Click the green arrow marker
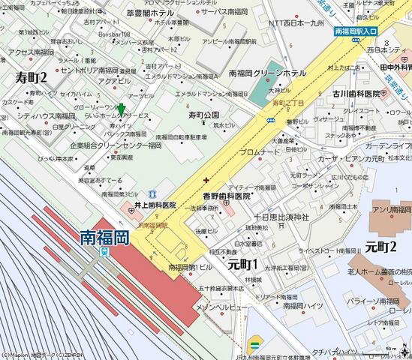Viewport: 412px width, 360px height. pyautogui.click(x=122, y=111)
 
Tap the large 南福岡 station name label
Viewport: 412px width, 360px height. pyautogui.click(x=104, y=238)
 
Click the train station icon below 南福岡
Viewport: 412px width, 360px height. pyautogui.click(x=105, y=253)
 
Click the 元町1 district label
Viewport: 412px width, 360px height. pyautogui.click(x=242, y=264)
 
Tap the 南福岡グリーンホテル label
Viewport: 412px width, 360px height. pyautogui.click(x=272, y=73)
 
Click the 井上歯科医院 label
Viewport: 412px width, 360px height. pyautogui.click(x=155, y=204)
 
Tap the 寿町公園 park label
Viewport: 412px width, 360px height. pyautogui.click(x=203, y=114)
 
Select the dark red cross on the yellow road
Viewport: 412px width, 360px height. pyautogui.click(x=206, y=180)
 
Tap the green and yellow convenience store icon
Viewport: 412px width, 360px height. pyautogui.click(x=254, y=345)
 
